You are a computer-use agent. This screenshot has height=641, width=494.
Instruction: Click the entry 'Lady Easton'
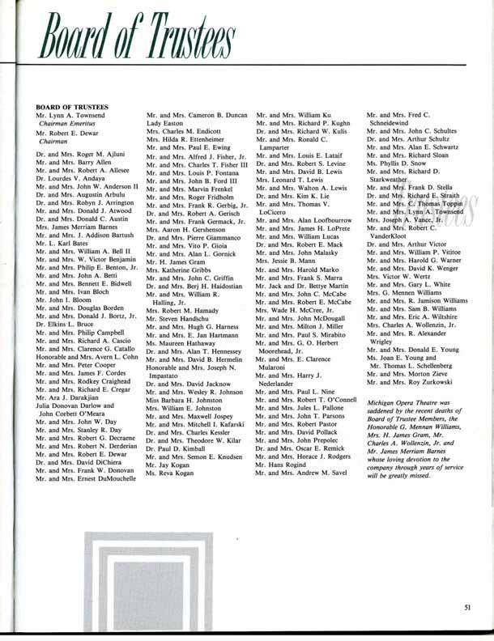166,125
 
